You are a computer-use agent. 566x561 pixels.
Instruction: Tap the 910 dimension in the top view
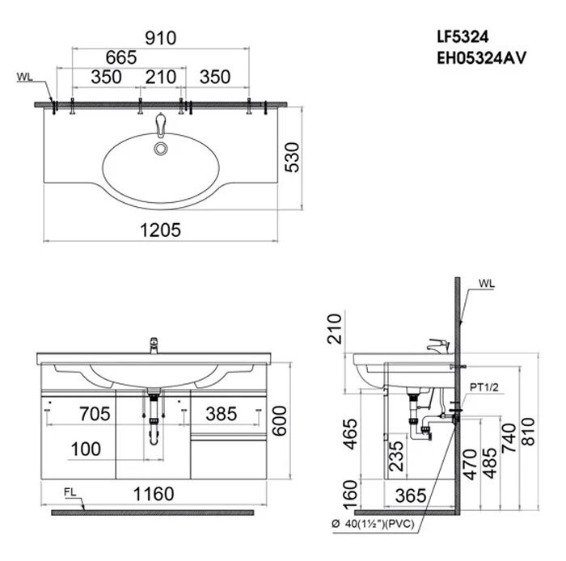161,37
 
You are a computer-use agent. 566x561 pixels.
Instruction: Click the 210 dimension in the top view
160,78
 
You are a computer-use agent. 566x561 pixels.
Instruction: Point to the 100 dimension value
85,447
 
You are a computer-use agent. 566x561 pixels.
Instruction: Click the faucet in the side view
437,346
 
